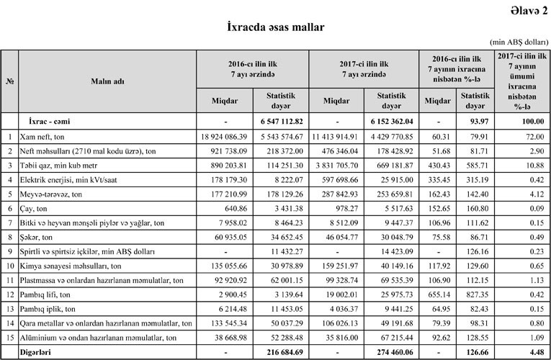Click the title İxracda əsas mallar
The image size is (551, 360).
coord(276,27)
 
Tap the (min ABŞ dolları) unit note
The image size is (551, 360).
coord(518,43)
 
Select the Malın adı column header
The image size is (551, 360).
coord(107,81)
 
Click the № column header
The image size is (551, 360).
coord(10,81)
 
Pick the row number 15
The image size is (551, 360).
coord(10,338)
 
